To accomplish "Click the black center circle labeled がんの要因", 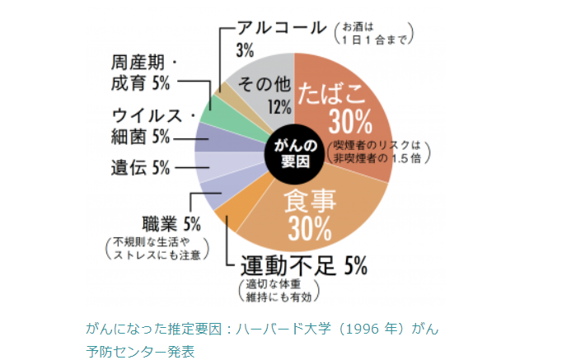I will pos(292,150).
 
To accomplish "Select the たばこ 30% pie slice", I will pos(346,107).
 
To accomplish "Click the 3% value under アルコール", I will pos(244,50).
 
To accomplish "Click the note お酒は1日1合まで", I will pos(372,33).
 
